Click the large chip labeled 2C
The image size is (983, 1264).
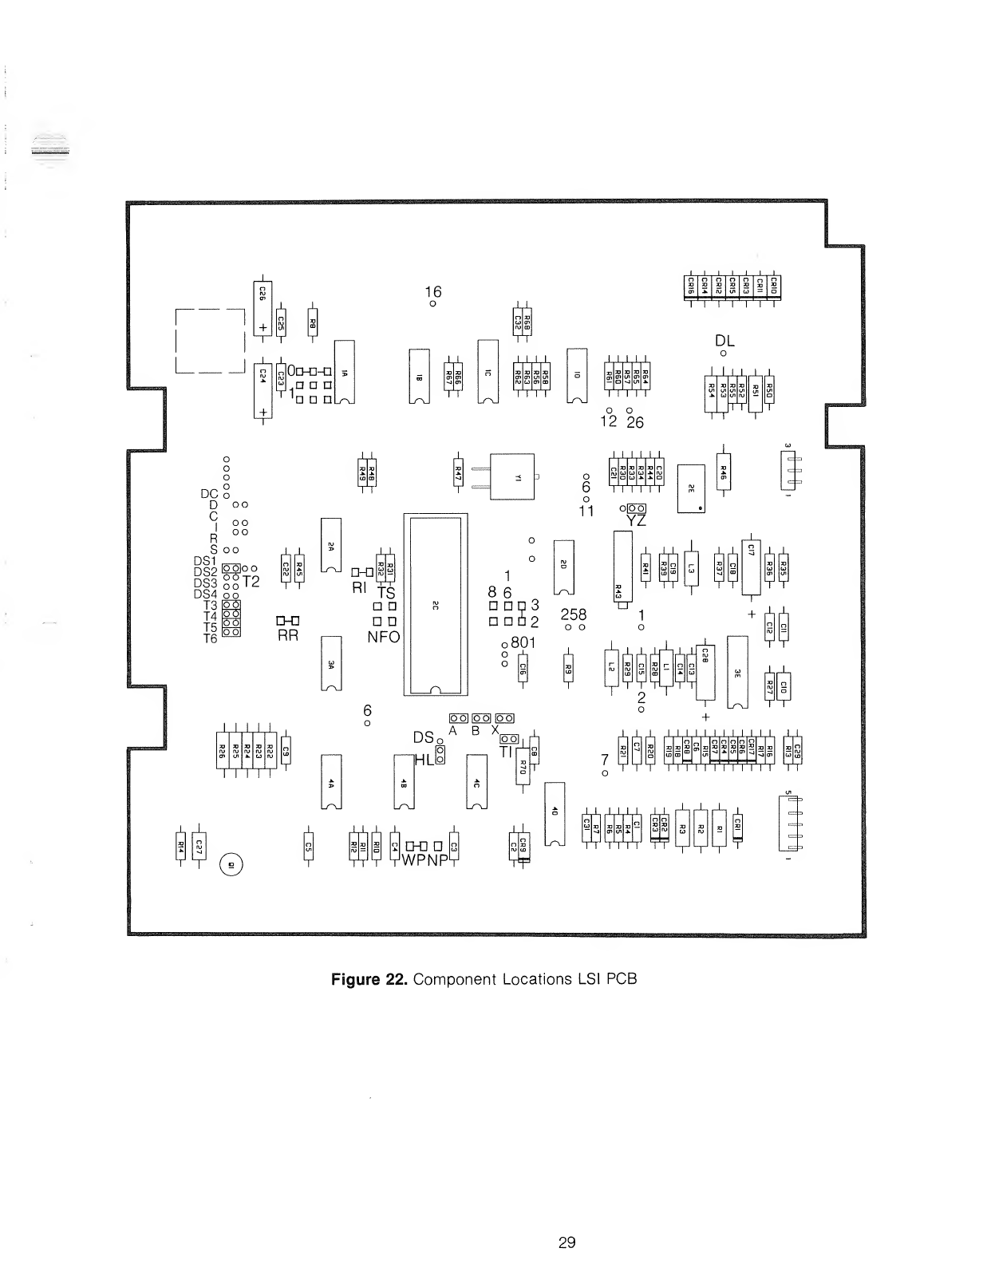[x=435, y=604]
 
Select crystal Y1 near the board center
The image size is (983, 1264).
[x=511, y=476]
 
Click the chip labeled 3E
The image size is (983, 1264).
[x=738, y=673]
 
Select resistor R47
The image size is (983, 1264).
[x=458, y=475]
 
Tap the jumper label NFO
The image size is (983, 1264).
[x=384, y=637]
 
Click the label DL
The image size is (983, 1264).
[x=724, y=341]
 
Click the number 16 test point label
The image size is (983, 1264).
[x=432, y=292]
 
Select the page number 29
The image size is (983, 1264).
[x=567, y=1242]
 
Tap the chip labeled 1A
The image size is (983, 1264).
[x=344, y=373]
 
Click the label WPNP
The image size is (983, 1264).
[x=424, y=860]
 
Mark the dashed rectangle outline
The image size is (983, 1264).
[x=209, y=341]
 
